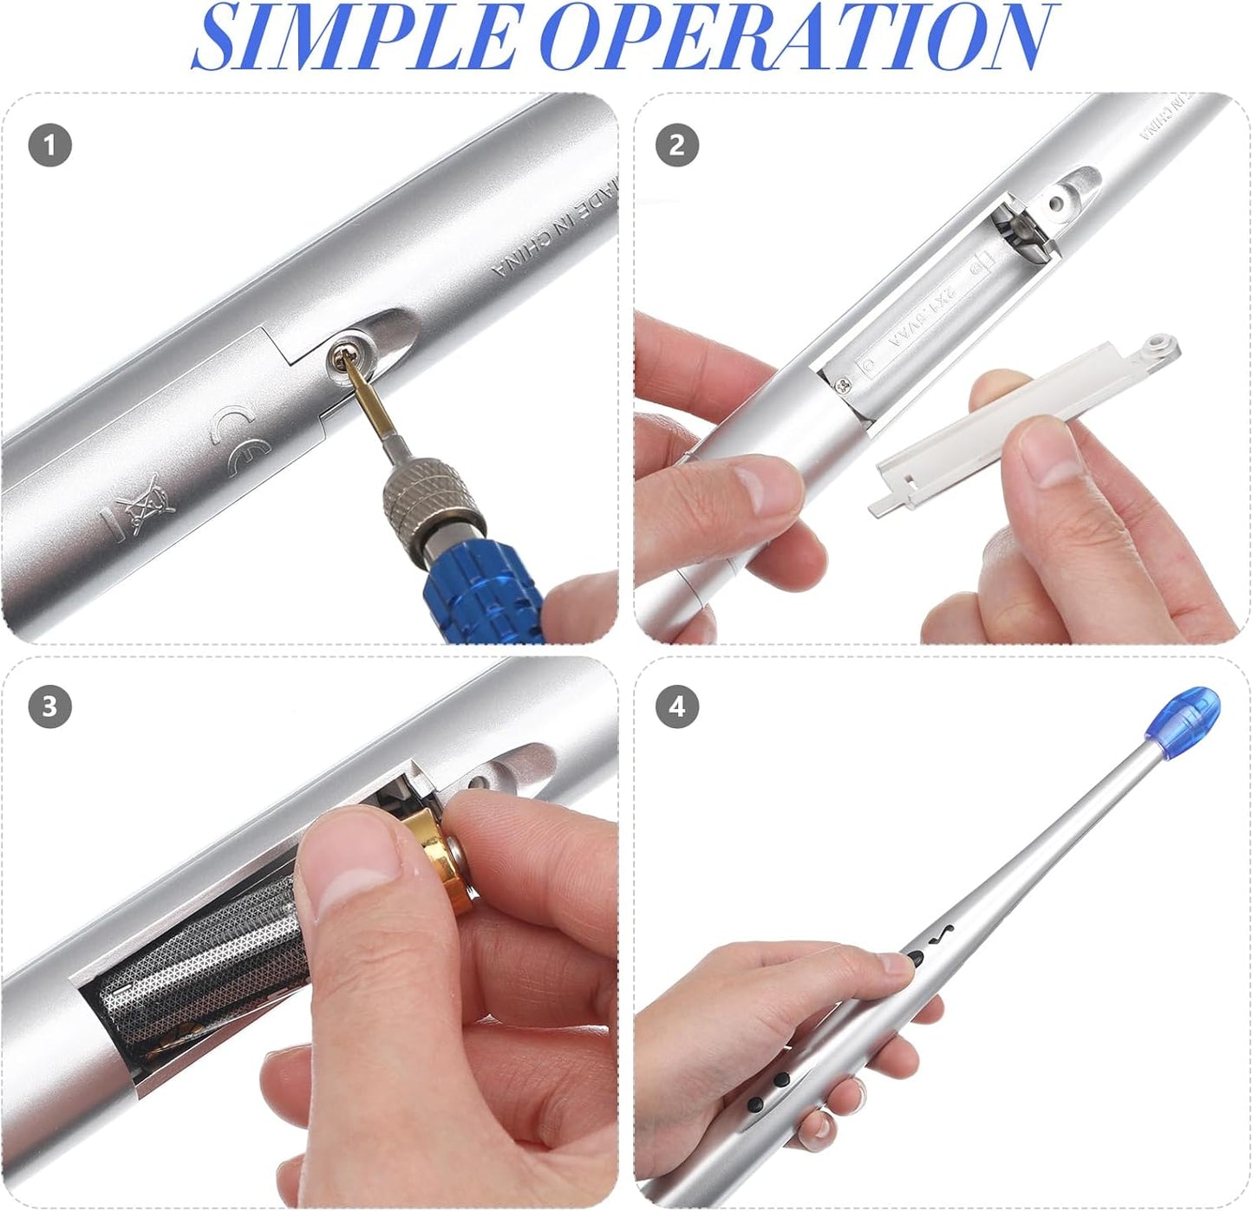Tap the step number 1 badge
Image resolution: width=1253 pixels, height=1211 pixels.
click(x=49, y=145)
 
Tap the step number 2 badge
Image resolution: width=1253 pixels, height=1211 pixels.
click(x=676, y=145)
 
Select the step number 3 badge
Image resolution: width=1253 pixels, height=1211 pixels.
click(x=49, y=706)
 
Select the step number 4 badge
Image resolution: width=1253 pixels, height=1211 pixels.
click(x=676, y=706)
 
